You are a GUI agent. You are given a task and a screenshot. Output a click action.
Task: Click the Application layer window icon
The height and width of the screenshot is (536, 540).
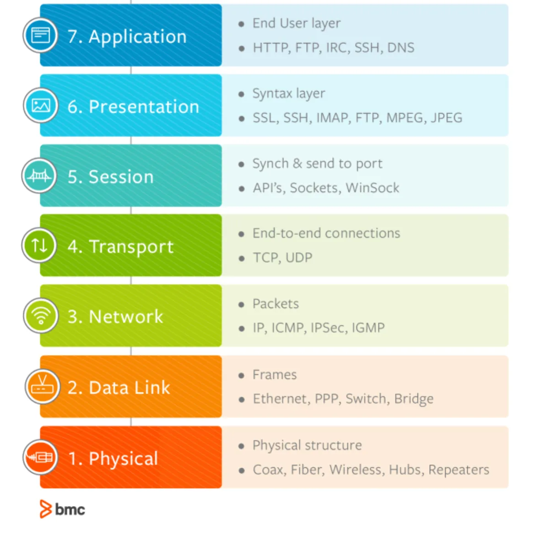(x=40, y=35)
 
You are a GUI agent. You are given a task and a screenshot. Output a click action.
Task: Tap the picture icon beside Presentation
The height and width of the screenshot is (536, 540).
(x=41, y=105)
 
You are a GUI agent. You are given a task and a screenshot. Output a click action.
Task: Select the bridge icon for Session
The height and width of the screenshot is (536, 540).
(x=39, y=175)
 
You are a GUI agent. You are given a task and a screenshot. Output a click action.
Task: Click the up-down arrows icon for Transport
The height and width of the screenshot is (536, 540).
(x=39, y=246)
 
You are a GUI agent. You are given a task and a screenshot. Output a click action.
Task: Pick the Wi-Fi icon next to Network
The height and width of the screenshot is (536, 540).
(x=41, y=316)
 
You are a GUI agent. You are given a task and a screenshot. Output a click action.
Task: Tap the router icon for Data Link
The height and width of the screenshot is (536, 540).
(x=42, y=387)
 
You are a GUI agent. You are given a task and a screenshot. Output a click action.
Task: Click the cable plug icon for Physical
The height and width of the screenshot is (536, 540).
(x=40, y=457)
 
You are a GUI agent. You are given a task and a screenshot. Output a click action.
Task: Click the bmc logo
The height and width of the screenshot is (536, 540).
(x=63, y=509)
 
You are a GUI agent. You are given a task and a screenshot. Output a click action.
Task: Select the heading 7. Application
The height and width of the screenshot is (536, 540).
(x=127, y=37)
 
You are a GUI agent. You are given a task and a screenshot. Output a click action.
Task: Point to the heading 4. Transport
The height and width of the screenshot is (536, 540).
(x=120, y=246)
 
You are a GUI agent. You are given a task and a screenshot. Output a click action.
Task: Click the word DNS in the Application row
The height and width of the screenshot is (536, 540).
(x=400, y=48)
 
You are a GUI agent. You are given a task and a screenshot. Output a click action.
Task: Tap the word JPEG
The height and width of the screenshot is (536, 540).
(x=446, y=118)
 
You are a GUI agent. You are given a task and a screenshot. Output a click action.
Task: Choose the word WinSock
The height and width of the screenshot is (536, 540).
(x=373, y=188)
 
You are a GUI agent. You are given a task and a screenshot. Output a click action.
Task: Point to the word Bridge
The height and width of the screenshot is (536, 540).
(x=414, y=399)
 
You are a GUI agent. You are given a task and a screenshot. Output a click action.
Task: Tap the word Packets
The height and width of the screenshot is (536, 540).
(x=275, y=304)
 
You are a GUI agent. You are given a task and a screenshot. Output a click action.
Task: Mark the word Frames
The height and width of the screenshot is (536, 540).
(x=275, y=375)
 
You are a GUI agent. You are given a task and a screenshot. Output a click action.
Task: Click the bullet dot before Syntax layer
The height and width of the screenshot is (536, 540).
(x=241, y=94)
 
